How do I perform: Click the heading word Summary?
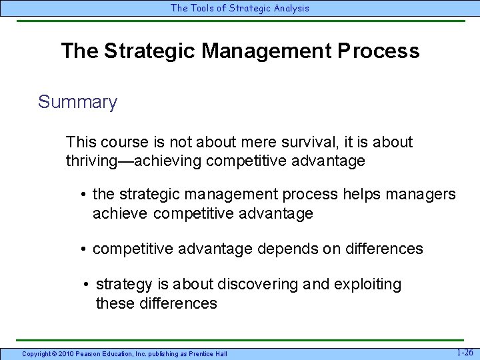tap(77, 102)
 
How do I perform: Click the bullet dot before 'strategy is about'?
tap(87, 285)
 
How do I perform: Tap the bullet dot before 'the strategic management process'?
tap(83, 195)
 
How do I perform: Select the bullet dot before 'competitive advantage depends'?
tap(83, 249)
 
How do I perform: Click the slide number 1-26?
tap(465, 352)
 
